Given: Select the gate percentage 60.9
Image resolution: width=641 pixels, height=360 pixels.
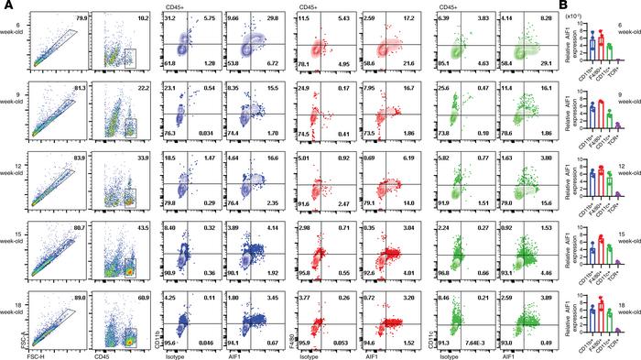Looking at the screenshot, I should tap(143, 272).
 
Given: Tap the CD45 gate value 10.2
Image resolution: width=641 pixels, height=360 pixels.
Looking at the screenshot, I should tap(143, 16).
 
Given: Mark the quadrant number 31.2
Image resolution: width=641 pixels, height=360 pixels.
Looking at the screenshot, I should tap(171, 17).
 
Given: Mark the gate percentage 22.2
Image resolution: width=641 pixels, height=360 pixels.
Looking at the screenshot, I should tap(143, 88).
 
